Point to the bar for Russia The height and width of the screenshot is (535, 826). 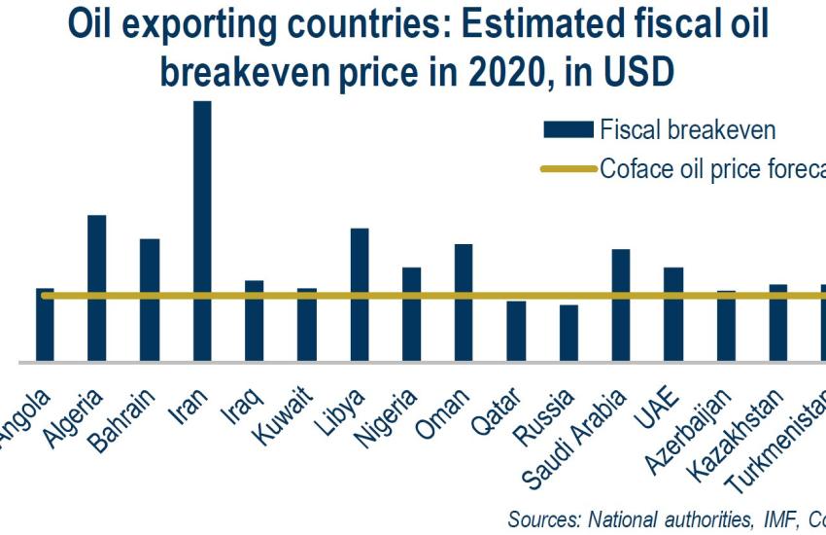coord(569,333)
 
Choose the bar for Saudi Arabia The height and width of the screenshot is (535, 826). coord(621,305)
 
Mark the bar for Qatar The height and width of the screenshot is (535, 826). coord(516,331)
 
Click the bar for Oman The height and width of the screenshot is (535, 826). coord(465,303)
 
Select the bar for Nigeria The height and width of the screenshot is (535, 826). coord(412,314)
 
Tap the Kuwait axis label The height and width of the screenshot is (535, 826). coord(285,414)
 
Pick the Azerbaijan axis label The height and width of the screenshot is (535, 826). coord(694,428)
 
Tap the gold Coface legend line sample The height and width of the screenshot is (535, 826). coord(568,168)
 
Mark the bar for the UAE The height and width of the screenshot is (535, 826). coord(673,314)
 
